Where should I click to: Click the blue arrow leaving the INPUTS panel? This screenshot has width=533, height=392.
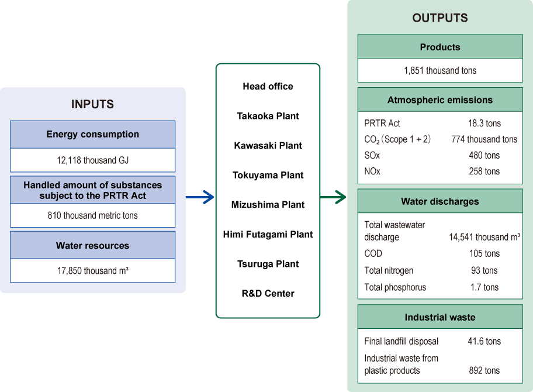(x=200, y=198)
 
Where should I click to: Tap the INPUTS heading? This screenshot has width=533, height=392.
(x=92, y=104)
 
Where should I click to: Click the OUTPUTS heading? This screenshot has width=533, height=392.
(x=440, y=18)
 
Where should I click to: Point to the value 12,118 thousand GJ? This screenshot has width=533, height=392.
(x=92, y=160)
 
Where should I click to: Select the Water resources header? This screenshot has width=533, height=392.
(x=92, y=246)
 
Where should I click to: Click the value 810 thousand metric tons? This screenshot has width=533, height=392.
(x=92, y=215)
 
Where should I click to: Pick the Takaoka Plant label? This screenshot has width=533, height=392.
(x=268, y=116)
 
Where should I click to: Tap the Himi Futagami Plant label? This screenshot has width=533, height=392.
(x=268, y=234)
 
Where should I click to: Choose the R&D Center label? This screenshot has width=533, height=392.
(x=268, y=293)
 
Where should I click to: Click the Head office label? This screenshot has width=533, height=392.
(x=268, y=86)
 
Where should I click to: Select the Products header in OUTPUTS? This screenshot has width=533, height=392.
(x=440, y=47)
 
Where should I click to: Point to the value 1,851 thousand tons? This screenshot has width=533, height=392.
(x=440, y=70)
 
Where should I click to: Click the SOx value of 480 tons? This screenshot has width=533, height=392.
(x=484, y=156)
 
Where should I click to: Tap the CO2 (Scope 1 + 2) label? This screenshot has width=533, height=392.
(x=397, y=140)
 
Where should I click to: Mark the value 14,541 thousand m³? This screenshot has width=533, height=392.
(x=484, y=237)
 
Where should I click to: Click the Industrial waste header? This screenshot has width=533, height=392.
(x=440, y=317)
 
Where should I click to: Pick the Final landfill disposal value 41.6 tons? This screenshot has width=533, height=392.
(x=484, y=341)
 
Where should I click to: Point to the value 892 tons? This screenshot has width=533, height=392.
(x=484, y=370)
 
